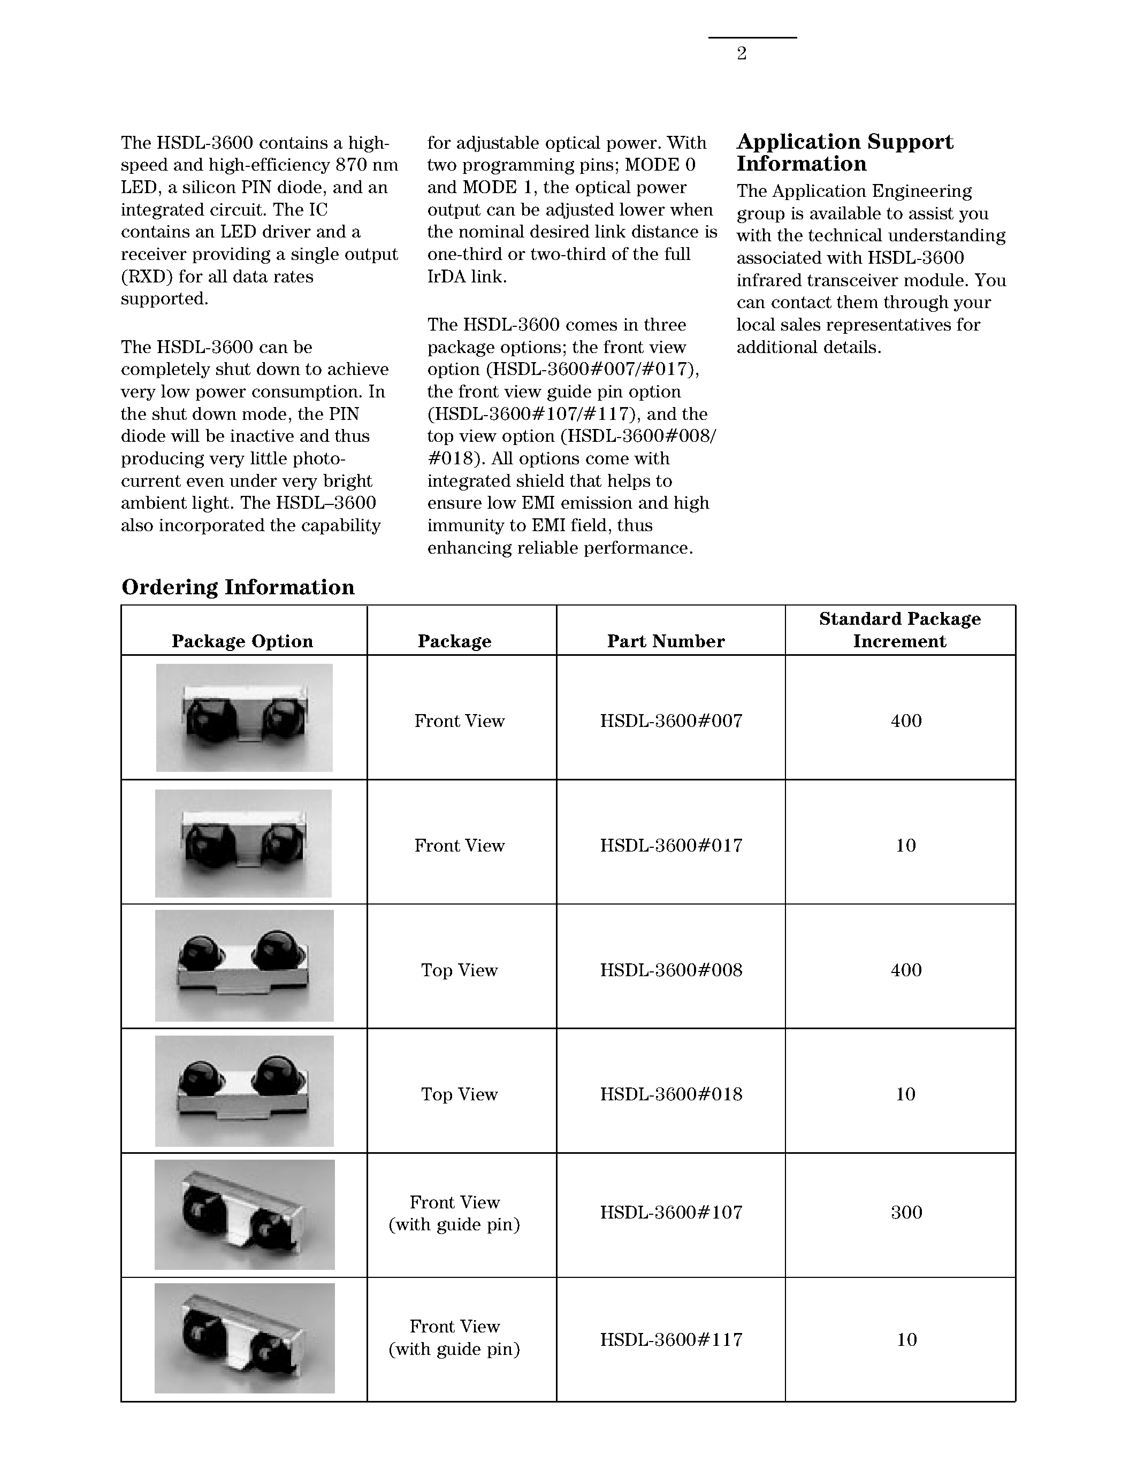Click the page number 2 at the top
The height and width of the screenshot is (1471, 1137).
click(742, 54)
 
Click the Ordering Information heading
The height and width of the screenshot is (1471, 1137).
click(238, 587)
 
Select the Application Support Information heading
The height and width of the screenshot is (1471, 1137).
click(845, 153)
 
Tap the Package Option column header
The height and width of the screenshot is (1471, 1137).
click(242, 641)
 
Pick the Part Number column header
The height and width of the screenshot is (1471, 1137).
click(666, 641)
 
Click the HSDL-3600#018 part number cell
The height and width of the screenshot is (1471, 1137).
click(671, 1094)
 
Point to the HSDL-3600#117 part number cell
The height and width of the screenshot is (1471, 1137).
click(671, 1339)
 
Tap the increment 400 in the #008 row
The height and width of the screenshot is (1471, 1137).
click(906, 970)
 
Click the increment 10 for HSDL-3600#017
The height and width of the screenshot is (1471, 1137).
click(905, 846)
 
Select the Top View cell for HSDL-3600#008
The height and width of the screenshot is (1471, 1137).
click(460, 970)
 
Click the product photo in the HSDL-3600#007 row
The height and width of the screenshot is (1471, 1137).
click(244, 718)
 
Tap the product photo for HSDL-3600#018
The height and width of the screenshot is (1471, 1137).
click(244, 1092)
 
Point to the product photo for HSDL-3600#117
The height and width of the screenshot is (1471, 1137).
click(244, 1338)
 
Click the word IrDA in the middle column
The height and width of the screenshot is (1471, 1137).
click(448, 277)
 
